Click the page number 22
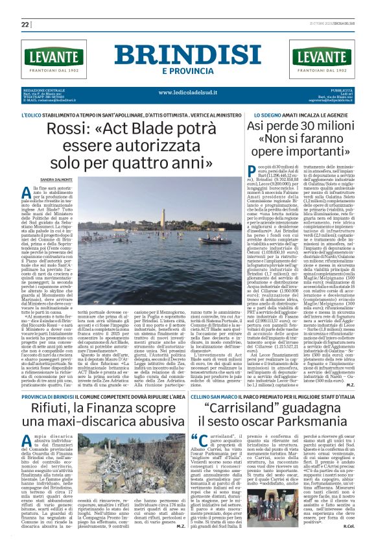pyautogui.click(x=25, y=24)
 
